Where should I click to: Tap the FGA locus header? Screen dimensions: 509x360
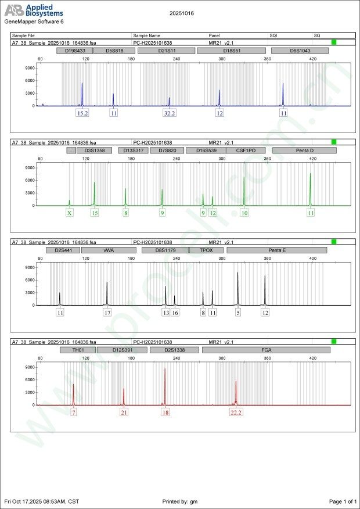(266, 350)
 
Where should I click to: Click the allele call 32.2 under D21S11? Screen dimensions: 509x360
(169, 113)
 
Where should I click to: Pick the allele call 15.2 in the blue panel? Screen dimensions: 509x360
(82, 113)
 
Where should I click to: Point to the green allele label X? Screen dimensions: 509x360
(70, 213)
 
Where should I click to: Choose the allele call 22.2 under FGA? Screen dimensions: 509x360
(236, 413)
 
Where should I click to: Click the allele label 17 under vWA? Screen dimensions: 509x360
(107, 313)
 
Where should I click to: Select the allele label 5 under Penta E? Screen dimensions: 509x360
(237, 313)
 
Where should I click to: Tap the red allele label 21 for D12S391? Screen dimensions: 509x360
(124, 413)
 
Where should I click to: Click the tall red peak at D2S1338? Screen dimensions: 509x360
(165, 383)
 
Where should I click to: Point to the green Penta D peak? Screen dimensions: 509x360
(311, 189)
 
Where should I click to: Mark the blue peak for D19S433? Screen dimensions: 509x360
(82, 93)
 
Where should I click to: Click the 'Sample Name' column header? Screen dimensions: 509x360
(146, 36)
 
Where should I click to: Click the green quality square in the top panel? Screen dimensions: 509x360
(334, 42)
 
